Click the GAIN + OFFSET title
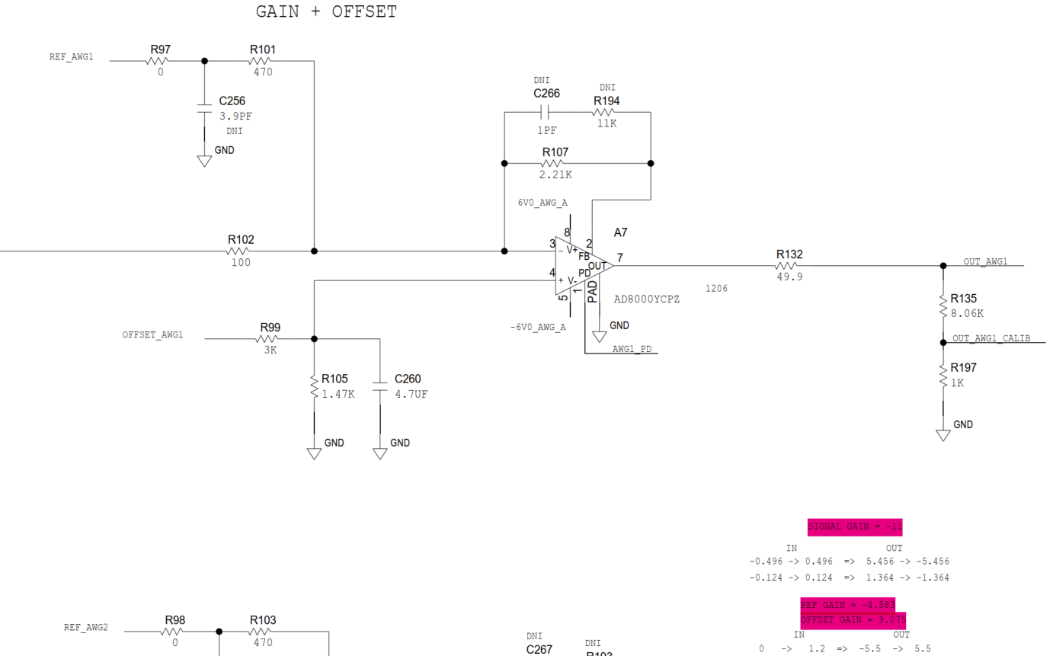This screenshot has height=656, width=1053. point(326,12)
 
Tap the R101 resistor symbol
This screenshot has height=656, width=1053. point(260,60)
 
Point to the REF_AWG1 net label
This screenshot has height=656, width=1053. point(72,56)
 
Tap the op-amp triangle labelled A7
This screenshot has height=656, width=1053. point(581,266)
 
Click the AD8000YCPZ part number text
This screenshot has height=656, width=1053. point(646,299)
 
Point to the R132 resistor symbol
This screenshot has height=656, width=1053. point(787,266)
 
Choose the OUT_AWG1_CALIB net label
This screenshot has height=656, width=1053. point(991,338)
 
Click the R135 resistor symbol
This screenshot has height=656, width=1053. point(943,305)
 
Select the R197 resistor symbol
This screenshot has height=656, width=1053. point(943,375)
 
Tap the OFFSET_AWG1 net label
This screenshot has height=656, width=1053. point(152,334)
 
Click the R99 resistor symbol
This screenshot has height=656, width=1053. point(269,339)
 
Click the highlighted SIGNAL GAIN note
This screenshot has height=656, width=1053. point(855,526)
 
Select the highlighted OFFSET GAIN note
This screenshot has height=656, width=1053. point(853,620)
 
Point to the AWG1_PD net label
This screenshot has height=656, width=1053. point(632,349)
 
